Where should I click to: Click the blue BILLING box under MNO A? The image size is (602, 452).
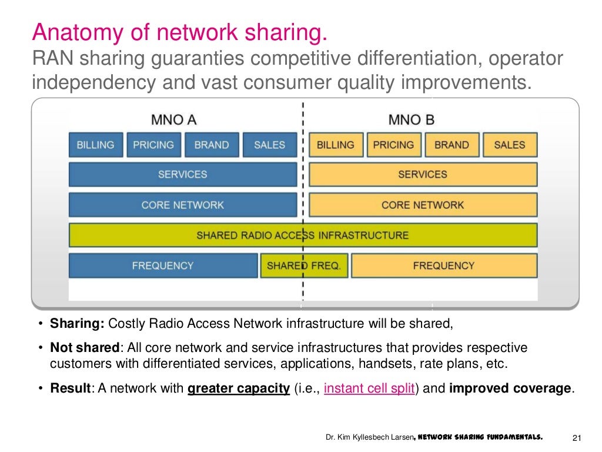tap(96, 145)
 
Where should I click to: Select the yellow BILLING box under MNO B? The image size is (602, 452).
tap(335, 145)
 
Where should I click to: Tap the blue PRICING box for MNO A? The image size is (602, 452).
tap(153, 145)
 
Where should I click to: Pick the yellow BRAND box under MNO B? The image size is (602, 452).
tap(451, 145)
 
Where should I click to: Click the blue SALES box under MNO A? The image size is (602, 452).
tap(269, 145)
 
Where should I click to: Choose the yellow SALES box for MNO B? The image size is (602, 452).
tap(509, 145)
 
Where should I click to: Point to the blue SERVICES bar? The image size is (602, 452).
tap(183, 174)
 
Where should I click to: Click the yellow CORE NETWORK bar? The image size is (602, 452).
tap(423, 205)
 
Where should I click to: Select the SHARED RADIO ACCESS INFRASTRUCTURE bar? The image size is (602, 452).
tap(303, 235)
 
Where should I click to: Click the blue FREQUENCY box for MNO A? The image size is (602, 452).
tap(163, 266)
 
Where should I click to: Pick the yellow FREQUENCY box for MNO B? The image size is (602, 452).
tap(444, 266)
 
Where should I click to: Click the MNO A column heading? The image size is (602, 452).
tap(173, 120)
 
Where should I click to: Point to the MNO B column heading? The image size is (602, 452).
tap(412, 120)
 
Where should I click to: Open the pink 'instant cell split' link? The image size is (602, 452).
tap(369, 389)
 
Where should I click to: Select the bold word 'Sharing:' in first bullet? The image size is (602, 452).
tap(77, 323)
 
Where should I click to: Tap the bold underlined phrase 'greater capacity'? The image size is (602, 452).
tap(239, 389)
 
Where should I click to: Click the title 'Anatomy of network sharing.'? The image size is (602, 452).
tap(179, 32)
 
